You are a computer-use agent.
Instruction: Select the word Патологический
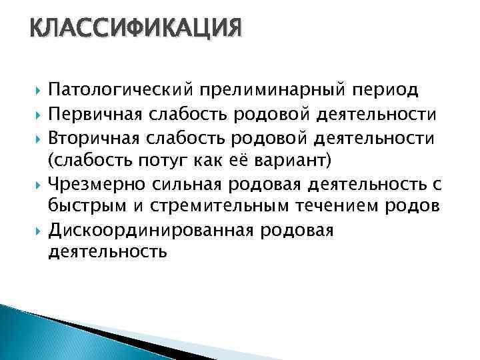click(x=121, y=89)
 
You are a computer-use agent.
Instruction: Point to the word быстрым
click(x=88, y=207)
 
